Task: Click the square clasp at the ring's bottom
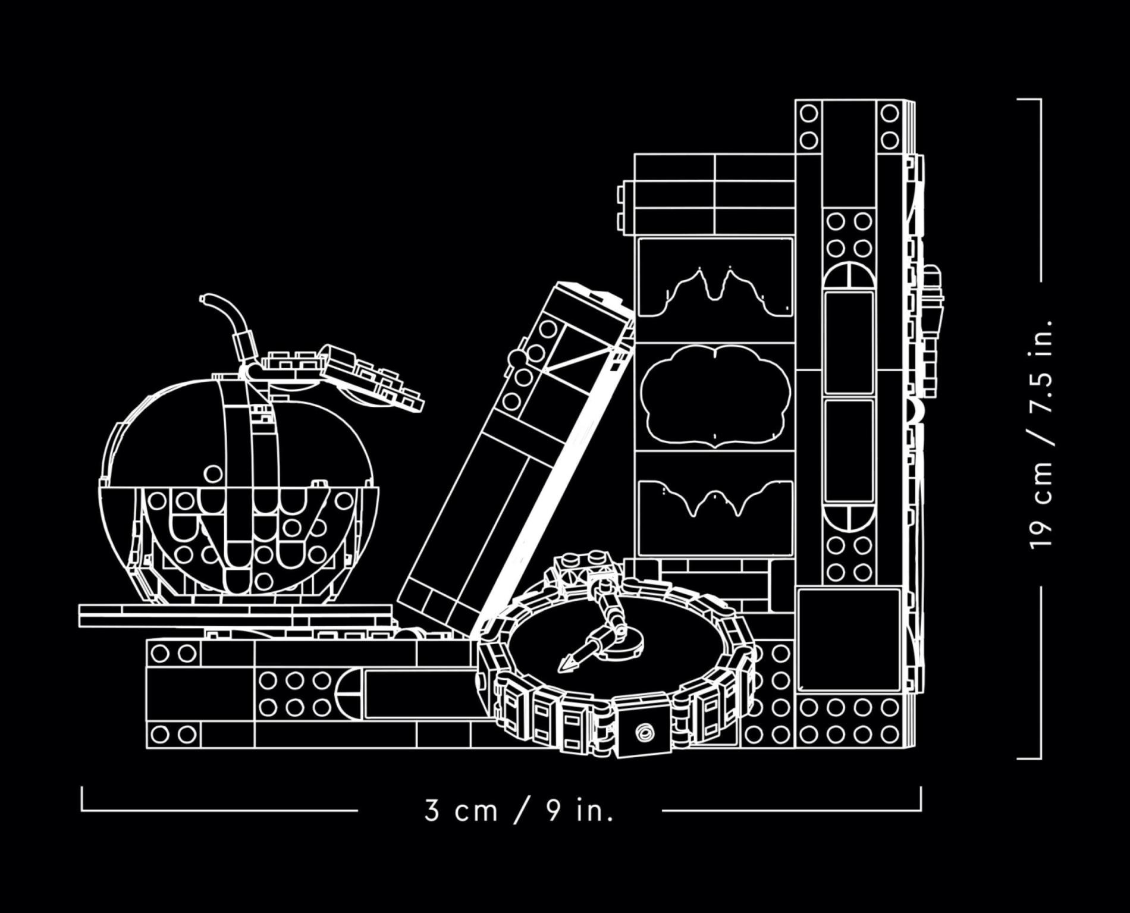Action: pos(642,732)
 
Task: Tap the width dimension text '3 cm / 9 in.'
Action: pos(519,810)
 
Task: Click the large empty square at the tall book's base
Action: pos(849,640)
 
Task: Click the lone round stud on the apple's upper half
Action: pos(213,473)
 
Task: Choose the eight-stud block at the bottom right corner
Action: pos(849,721)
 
